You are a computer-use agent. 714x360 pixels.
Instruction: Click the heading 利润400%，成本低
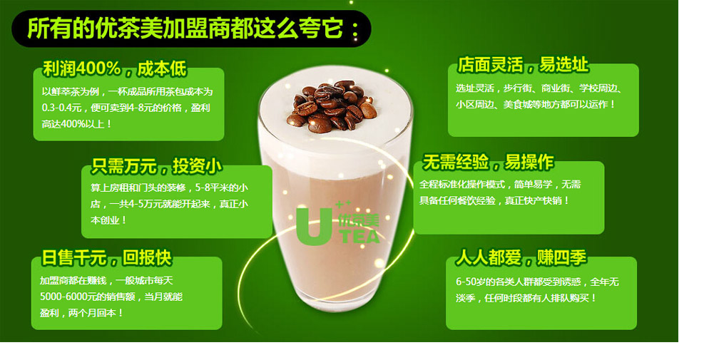(x=114, y=69)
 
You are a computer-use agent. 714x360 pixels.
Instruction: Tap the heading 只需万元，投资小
(x=157, y=167)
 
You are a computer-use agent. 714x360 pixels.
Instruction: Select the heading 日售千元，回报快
(x=107, y=258)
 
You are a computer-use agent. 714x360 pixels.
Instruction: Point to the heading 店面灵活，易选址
(x=523, y=66)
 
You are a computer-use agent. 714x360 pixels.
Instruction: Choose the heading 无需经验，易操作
(x=488, y=163)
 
